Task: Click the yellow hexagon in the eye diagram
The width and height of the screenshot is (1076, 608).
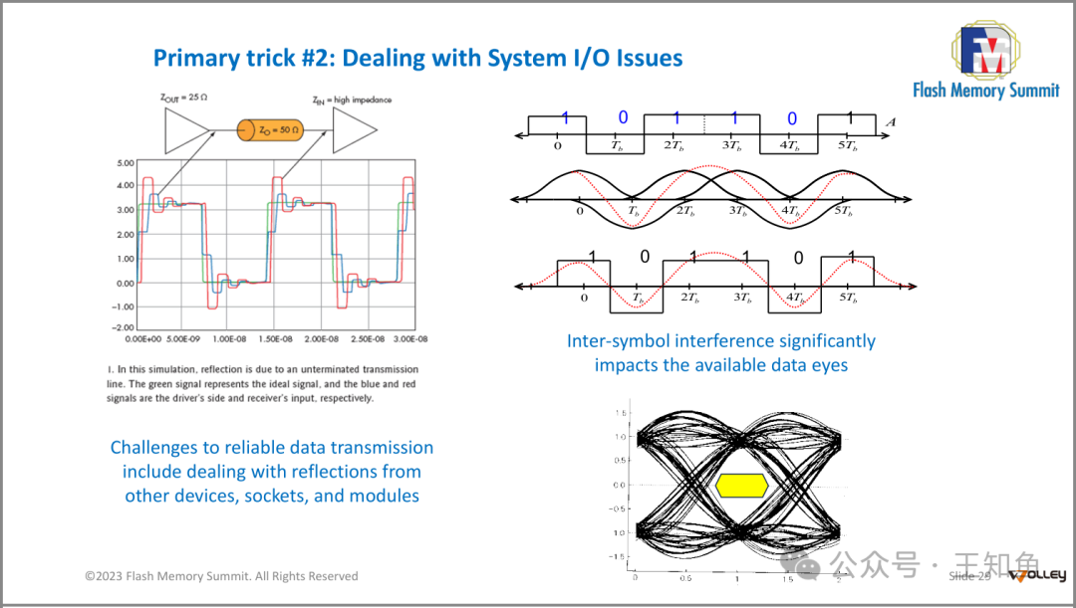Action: (x=741, y=485)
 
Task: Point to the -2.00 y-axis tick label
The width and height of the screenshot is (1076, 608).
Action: (x=123, y=326)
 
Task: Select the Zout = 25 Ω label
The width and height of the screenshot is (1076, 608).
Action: (x=184, y=99)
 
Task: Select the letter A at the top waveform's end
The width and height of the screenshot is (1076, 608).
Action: (x=891, y=122)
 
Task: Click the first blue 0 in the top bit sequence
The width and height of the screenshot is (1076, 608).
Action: (x=623, y=117)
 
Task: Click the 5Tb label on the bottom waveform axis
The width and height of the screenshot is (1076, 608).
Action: (x=847, y=298)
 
